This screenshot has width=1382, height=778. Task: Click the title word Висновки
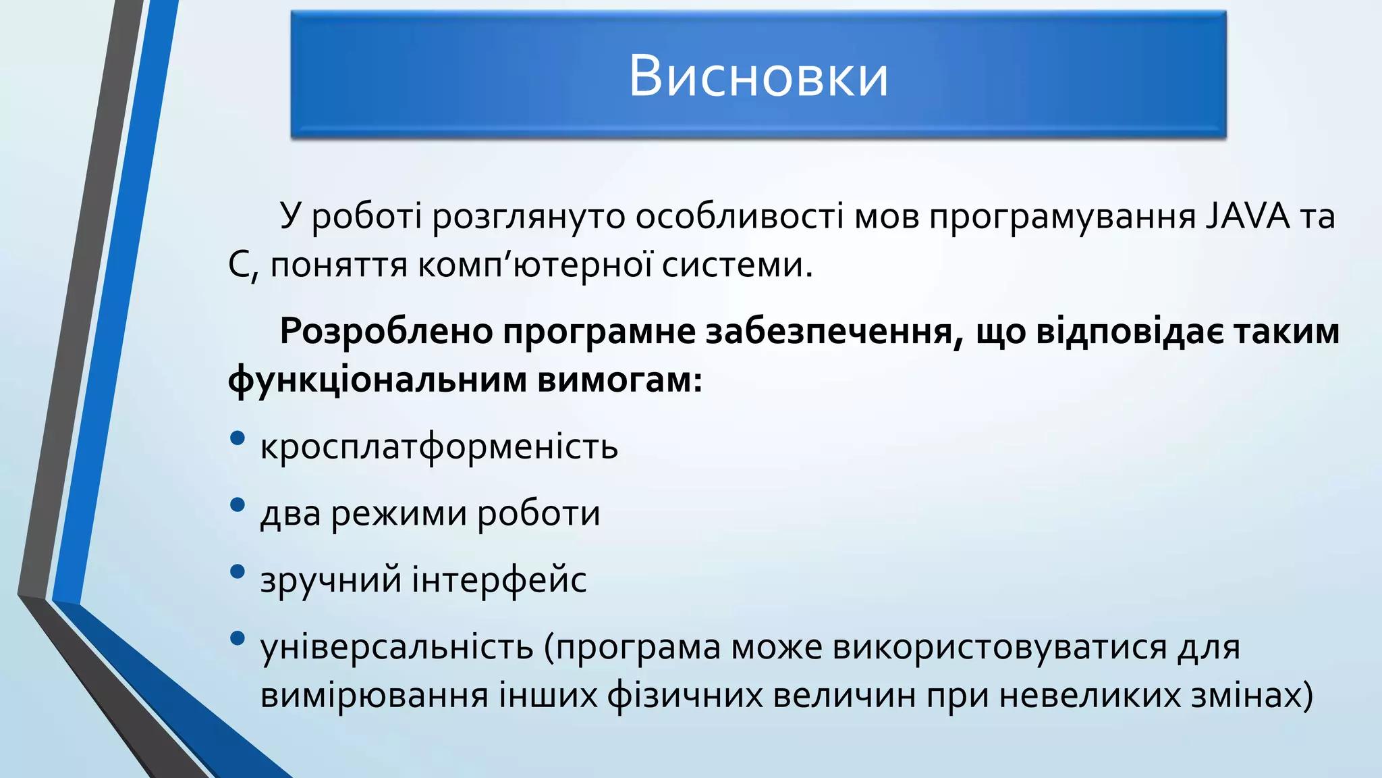tap(758, 76)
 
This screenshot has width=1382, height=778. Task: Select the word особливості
tap(739, 217)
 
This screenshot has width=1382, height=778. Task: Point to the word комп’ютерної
tap(534, 265)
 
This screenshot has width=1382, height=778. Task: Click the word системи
tap(737, 265)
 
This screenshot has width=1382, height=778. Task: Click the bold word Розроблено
tap(385, 332)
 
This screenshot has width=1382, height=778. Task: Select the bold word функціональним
tap(377, 380)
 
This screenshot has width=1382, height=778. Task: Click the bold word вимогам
tap(619, 380)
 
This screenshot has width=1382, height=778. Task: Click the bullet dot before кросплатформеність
tap(237, 438)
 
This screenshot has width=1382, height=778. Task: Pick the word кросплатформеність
tap(439, 447)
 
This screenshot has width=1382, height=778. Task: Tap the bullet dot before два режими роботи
tap(237, 504)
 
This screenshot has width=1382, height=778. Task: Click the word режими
tap(399, 513)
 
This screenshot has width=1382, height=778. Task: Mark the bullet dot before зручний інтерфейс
tap(237, 571)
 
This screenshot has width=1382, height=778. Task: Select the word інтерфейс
tap(499, 580)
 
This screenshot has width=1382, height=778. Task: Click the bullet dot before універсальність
tap(237, 638)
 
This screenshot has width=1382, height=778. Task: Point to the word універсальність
tap(397, 647)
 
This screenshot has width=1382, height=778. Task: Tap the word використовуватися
tap(1000, 647)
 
